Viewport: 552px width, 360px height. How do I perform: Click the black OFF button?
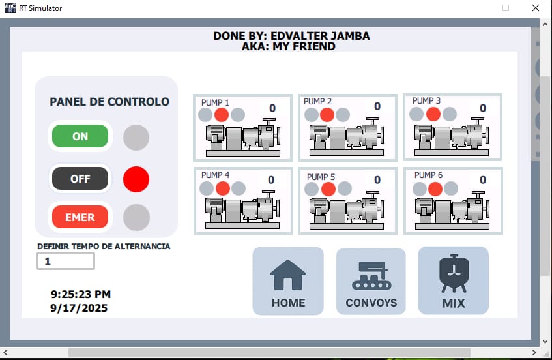click(80, 179)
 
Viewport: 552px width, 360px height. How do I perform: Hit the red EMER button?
click(80, 217)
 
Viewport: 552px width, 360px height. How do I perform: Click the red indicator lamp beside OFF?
click(136, 179)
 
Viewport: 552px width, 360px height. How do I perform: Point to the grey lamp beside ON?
click(136, 138)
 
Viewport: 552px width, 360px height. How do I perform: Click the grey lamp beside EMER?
click(136, 217)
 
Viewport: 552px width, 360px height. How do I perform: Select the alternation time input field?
click(66, 261)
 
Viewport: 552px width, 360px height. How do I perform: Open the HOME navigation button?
click(288, 280)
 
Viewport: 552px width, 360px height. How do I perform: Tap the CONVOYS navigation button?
click(371, 281)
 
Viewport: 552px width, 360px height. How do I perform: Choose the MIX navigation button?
click(454, 280)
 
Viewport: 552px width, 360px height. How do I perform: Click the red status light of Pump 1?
click(222, 115)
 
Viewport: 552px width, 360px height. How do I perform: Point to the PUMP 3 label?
click(426, 100)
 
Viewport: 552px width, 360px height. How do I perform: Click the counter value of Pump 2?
click(377, 106)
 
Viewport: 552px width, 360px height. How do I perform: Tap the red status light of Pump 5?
click(328, 189)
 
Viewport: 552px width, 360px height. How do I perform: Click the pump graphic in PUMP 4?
click(242, 210)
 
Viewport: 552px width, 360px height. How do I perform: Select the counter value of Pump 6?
click(483, 180)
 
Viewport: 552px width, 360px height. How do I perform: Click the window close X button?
click(536, 8)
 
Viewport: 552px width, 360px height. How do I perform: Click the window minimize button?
click(476, 8)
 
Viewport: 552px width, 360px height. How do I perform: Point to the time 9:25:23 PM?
click(81, 294)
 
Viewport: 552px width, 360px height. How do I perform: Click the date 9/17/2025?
click(79, 308)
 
